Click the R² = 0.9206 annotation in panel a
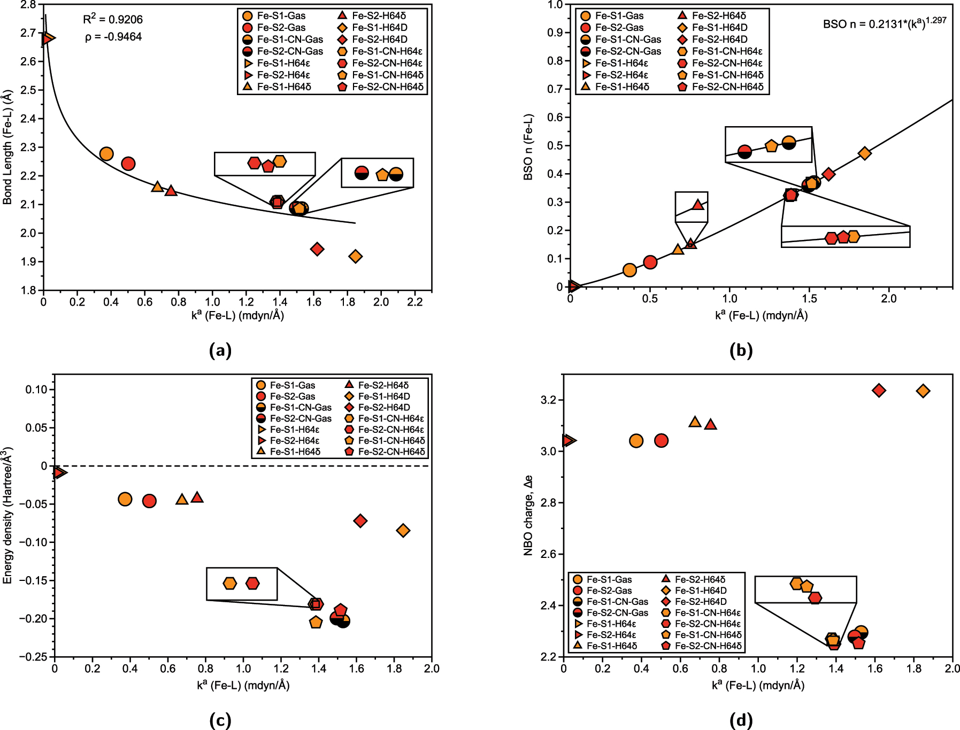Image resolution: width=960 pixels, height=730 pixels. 113,20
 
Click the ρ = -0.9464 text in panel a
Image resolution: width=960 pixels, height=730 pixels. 113,37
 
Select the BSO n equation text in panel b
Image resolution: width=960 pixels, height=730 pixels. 884,24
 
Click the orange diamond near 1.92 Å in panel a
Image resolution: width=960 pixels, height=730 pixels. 355,257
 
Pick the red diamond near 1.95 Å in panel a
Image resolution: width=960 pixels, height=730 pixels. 317,249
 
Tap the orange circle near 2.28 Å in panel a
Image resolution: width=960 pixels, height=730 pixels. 106,154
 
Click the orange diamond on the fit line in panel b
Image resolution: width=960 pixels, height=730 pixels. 865,153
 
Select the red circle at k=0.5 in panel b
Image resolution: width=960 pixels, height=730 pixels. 650,262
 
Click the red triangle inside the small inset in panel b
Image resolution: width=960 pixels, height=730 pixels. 697,205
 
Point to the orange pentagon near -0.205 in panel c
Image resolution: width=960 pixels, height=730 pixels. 316,622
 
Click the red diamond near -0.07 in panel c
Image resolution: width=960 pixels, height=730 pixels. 360,521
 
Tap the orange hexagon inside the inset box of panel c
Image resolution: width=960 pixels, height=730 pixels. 229,583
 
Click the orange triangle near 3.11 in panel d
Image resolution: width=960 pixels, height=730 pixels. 695,422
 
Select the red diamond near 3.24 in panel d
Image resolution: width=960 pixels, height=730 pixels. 878,391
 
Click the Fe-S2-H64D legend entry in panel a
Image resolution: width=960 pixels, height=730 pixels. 379,40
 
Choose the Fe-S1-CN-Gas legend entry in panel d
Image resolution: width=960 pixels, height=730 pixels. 617,602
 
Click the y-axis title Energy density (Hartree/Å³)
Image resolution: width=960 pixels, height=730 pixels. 7,516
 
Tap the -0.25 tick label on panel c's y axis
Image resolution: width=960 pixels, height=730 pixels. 34,657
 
